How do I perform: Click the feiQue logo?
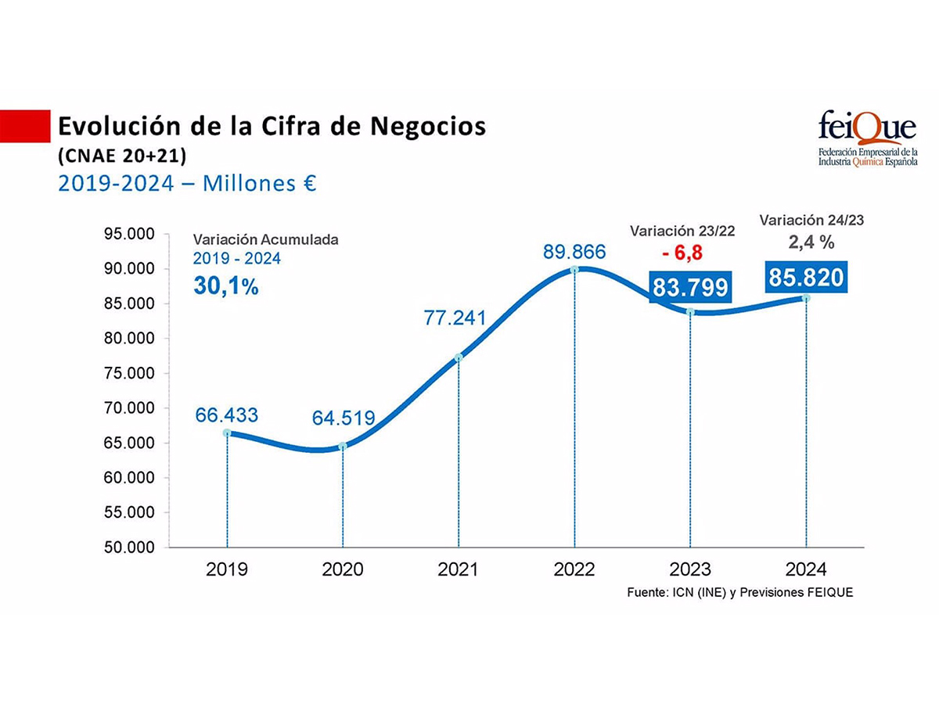click(x=867, y=138)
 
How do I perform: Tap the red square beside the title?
click(x=23, y=126)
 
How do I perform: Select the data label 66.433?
click(x=227, y=415)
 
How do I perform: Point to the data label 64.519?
click(x=344, y=418)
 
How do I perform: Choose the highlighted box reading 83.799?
click(x=689, y=287)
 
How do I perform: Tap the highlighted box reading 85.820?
click(x=806, y=278)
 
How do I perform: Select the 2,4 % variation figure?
click(x=811, y=243)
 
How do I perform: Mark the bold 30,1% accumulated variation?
click(x=225, y=286)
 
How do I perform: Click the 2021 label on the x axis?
click(x=458, y=569)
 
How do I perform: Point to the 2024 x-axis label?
click(x=806, y=569)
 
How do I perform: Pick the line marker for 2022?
click(x=574, y=269)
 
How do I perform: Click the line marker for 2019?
click(x=227, y=433)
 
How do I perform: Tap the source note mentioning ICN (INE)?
click(x=739, y=593)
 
